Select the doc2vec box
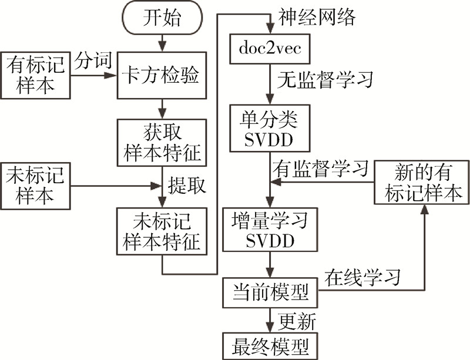point(270,48)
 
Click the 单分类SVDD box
point(270,129)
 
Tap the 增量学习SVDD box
point(270,230)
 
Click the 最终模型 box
point(270,344)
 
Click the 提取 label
point(188,186)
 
